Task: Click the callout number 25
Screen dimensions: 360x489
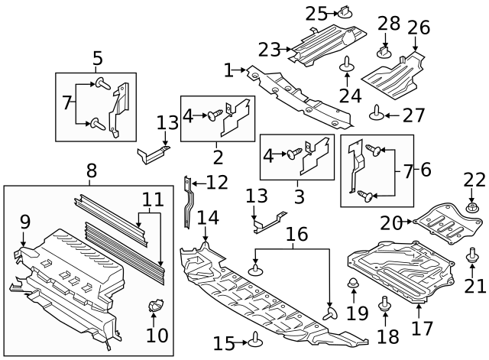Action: [x=316, y=13]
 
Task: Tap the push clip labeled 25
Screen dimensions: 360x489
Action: [x=345, y=13]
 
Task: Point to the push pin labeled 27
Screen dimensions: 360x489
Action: [x=375, y=115]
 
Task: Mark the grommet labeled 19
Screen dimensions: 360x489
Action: [x=354, y=288]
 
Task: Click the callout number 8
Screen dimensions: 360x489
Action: [x=91, y=171]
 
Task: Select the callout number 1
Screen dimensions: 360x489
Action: [x=228, y=71]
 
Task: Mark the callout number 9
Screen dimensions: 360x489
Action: [x=24, y=222]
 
